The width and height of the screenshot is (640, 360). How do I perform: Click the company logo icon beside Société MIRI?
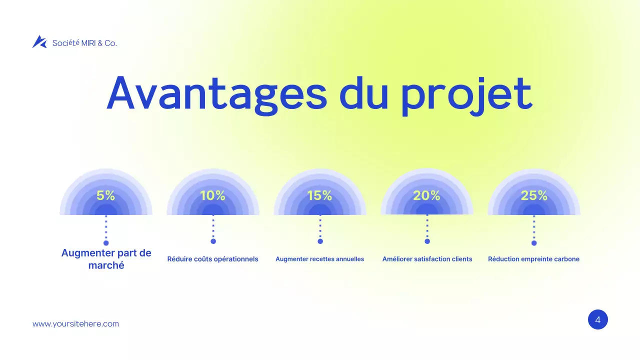(x=39, y=42)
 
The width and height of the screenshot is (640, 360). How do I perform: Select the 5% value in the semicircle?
(x=106, y=196)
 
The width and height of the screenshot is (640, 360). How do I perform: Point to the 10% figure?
(x=212, y=196)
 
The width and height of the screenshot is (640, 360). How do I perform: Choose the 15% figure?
(x=320, y=196)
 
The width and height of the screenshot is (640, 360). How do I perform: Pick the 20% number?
(x=426, y=196)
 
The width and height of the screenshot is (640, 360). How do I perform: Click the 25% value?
(x=534, y=196)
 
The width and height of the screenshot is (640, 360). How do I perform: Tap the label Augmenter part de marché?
(x=106, y=259)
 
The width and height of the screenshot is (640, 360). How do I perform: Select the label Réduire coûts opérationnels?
(x=212, y=259)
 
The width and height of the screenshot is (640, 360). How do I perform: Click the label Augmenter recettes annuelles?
(x=319, y=259)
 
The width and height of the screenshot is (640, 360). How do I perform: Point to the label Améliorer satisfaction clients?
(x=427, y=259)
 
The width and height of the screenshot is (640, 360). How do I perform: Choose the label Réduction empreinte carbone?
(x=533, y=259)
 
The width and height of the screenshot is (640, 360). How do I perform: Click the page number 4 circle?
(x=597, y=319)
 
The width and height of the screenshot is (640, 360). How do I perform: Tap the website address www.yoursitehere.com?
(x=75, y=324)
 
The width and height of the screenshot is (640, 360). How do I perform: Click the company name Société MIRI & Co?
(x=84, y=43)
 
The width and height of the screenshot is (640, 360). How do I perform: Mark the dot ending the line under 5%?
(x=106, y=243)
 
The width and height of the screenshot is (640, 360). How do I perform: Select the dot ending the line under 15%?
(x=320, y=241)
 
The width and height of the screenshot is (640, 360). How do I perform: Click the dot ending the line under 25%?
(x=534, y=243)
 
